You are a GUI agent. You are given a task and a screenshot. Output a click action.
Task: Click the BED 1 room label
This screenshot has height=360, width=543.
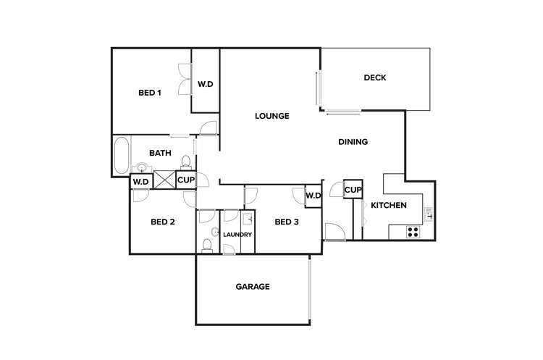[x=149, y=93]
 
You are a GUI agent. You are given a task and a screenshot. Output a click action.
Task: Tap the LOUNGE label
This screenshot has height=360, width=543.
[x=271, y=116]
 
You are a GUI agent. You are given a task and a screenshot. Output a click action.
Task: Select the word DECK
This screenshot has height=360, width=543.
[x=374, y=78]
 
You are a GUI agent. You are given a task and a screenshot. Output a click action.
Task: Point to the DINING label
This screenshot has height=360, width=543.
[x=353, y=142]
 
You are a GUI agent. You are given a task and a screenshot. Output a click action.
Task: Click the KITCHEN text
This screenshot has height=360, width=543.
[x=388, y=206]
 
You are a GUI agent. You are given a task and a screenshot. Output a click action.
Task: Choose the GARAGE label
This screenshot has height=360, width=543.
[x=253, y=287]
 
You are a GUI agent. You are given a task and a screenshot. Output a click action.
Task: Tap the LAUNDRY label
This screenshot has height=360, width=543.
[x=237, y=235]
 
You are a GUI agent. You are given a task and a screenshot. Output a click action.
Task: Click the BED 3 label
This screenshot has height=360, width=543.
[x=287, y=222]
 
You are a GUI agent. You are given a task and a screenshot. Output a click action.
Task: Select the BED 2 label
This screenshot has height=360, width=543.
[x=163, y=222]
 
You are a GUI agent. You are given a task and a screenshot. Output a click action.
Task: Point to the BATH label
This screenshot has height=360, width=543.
[x=160, y=153]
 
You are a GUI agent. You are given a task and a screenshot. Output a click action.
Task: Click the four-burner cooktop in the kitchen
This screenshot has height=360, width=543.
[x=413, y=232]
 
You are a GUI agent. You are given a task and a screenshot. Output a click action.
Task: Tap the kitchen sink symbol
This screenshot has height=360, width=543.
[x=429, y=213]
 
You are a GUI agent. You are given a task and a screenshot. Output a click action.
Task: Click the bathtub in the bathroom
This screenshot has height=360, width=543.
[x=122, y=154]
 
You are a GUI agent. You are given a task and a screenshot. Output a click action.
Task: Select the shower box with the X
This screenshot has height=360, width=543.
[x=164, y=180]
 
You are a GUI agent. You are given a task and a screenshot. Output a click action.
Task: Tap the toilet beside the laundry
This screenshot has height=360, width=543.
[x=207, y=243]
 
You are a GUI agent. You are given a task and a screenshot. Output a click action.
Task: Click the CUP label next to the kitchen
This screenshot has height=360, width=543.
[x=353, y=190]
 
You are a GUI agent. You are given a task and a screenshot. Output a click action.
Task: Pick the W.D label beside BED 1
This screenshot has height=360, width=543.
[x=206, y=85]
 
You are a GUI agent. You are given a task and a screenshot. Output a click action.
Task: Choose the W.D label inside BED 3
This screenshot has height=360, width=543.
[x=313, y=196]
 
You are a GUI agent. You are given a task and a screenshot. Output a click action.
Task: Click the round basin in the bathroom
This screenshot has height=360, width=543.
[x=142, y=168]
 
